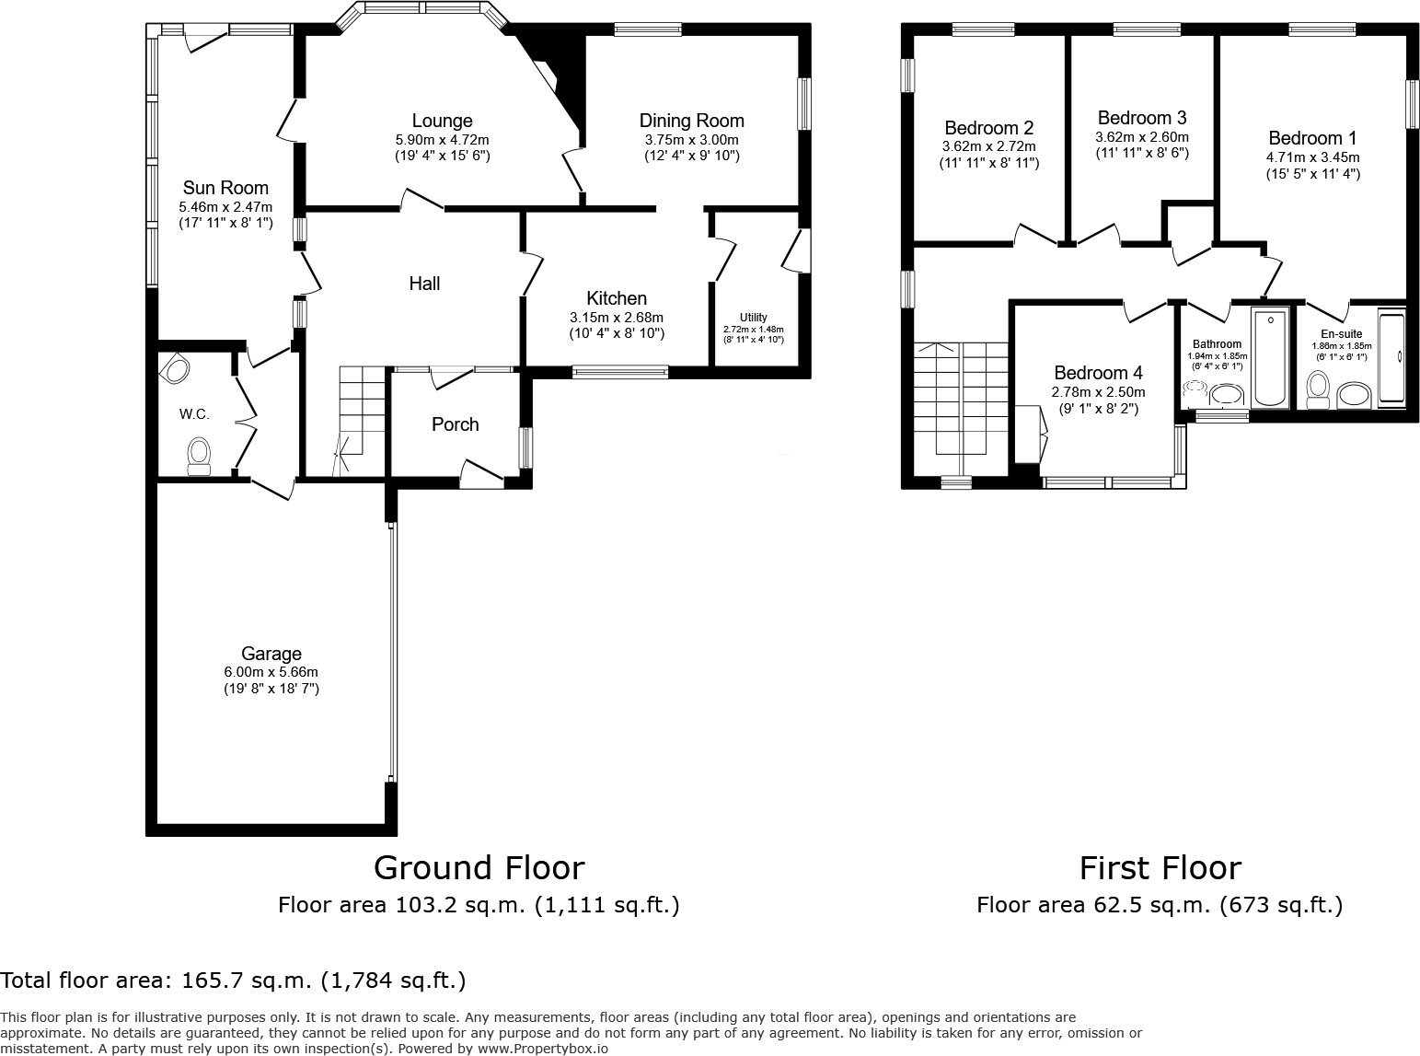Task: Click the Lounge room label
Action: click(442, 121)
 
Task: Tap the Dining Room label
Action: click(691, 121)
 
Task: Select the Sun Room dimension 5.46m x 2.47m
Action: click(225, 207)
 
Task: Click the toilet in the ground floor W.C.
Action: click(199, 456)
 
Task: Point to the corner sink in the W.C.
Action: click(175, 368)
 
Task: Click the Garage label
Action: click(271, 654)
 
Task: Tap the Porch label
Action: click(456, 424)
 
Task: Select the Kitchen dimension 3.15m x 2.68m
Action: click(617, 318)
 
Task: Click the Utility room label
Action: click(753, 318)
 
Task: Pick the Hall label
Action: click(424, 284)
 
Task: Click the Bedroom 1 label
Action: click(1312, 138)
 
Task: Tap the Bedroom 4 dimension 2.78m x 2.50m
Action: click(1099, 392)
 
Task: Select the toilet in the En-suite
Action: click(1318, 389)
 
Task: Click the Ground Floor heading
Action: click(479, 867)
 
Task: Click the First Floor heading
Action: click(1160, 868)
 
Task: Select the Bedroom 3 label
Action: click(1142, 118)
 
